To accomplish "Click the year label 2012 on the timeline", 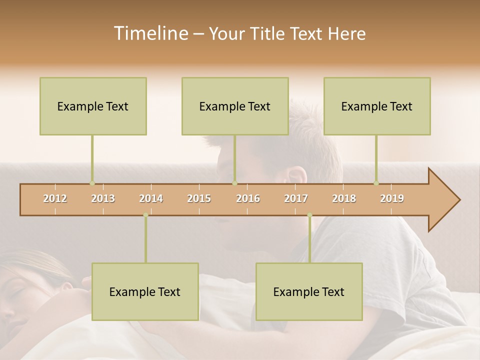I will (55, 198).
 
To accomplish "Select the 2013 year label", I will (103, 198).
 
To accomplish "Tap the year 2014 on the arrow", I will (151, 198).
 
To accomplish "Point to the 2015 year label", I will (199, 198).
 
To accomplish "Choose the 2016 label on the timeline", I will (248, 198).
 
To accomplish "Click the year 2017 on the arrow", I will (296, 198).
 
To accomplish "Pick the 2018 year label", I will (344, 198).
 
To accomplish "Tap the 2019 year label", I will (392, 198).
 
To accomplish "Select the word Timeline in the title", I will (150, 33).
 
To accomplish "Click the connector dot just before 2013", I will (92, 183).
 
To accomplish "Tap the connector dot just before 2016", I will (234, 183).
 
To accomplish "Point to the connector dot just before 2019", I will (376, 183).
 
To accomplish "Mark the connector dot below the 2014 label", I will (145, 215).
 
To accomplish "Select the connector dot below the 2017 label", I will (309, 215).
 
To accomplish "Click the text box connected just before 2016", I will (235, 106).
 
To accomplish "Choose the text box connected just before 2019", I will (377, 106).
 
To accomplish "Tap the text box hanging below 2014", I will (145, 291).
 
